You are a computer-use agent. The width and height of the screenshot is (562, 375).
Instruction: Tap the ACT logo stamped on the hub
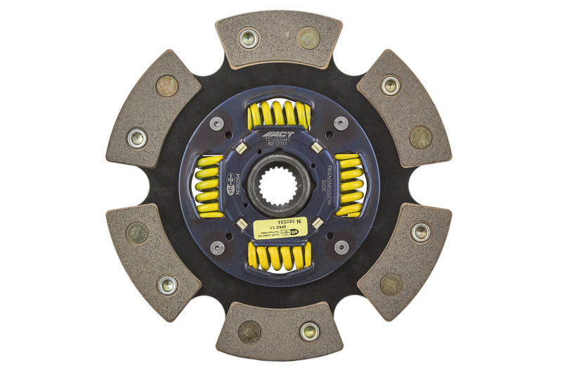278,134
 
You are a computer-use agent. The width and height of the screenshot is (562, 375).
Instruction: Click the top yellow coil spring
279,115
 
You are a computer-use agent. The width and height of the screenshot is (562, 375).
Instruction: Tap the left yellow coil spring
209,186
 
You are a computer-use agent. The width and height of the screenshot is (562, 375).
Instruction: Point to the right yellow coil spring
349,184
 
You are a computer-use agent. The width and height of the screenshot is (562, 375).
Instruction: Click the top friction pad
279,39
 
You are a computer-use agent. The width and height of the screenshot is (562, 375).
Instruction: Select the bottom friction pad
279,331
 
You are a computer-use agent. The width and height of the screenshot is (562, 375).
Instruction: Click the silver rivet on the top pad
248,38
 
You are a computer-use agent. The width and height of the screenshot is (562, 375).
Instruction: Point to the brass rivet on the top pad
308,38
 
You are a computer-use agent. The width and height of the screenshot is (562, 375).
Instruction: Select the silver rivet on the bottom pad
308,331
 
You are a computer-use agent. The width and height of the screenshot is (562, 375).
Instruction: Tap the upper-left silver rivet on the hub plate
217,123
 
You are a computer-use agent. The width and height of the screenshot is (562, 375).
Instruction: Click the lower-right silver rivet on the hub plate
341,247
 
